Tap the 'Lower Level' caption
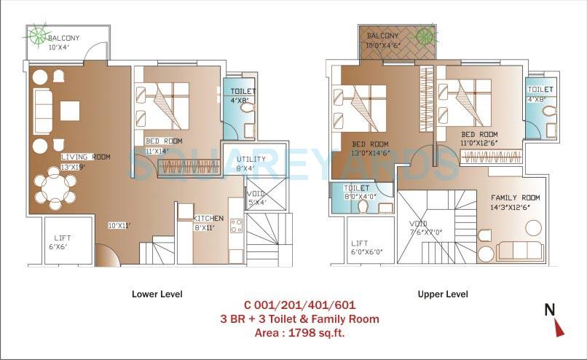(x=157, y=294)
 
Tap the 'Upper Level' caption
(x=443, y=294)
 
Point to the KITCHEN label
(x=208, y=218)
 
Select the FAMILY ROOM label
(x=515, y=197)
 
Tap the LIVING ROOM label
(x=84, y=157)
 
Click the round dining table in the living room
(x=56, y=187)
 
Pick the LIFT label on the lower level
(x=63, y=238)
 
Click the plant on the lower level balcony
(x=36, y=33)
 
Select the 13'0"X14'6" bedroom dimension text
(x=371, y=153)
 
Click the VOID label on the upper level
(x=418, y=224)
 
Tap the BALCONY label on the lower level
(x=64, y=38)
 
